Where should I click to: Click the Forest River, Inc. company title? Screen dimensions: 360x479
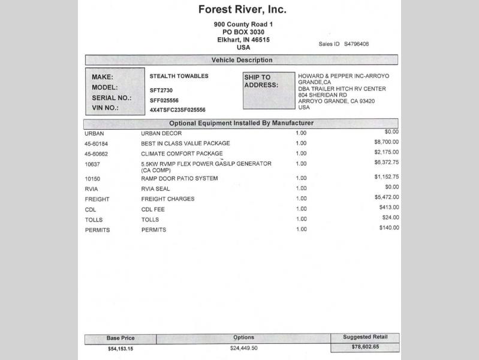(242, 10)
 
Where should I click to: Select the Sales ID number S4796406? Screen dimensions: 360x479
(356, 44)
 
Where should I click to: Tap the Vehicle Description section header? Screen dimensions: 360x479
(242, 60)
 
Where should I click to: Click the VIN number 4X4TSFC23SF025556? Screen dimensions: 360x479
(177, 110)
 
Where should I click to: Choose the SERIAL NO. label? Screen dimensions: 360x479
(112, 98)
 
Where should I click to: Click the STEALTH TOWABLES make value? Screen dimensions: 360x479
(179, 76)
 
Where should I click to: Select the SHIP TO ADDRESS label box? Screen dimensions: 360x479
(269, 91)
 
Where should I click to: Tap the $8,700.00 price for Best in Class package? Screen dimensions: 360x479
(386, 142)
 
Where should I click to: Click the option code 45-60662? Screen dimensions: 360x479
(97, 154)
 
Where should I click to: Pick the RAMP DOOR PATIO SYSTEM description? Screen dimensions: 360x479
(179, 179)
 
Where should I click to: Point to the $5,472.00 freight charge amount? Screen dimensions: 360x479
(386, 197)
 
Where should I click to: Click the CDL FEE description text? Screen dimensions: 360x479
(153, 209)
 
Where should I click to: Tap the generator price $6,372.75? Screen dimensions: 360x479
(386, 162)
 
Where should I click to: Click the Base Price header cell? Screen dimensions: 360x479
(120, 338)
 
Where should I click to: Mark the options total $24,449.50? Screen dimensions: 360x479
(243, 348)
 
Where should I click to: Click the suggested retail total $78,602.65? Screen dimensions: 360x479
(364, 347)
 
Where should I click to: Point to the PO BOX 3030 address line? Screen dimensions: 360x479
(243, 32)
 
